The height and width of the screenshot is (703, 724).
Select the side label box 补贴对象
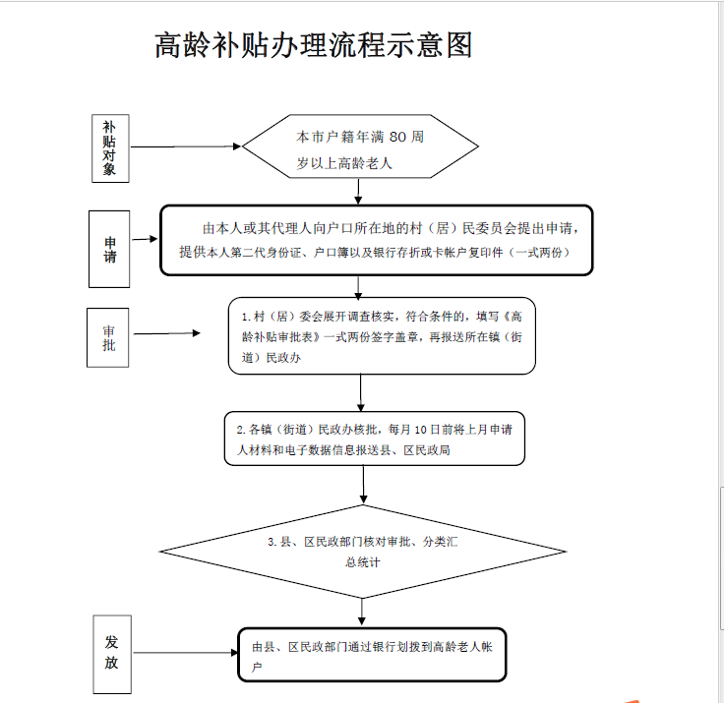(109, 148)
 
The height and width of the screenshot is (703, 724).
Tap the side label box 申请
(110, 249)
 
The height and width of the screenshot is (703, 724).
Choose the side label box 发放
(112, 652)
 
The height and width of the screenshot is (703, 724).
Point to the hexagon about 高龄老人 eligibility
(360, 148)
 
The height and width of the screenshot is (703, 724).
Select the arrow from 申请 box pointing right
(146, 239)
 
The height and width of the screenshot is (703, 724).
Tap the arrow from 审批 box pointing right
(166, 334)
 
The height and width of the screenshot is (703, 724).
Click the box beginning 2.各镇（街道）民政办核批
(374, 439)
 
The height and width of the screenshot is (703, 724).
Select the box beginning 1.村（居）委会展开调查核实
(382, 336)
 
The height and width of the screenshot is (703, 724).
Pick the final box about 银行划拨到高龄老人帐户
(372, 655)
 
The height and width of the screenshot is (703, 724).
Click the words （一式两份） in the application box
(533, 252)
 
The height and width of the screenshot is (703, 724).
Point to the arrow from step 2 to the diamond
(364, 484)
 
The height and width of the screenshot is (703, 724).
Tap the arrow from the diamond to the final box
(362, 613)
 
